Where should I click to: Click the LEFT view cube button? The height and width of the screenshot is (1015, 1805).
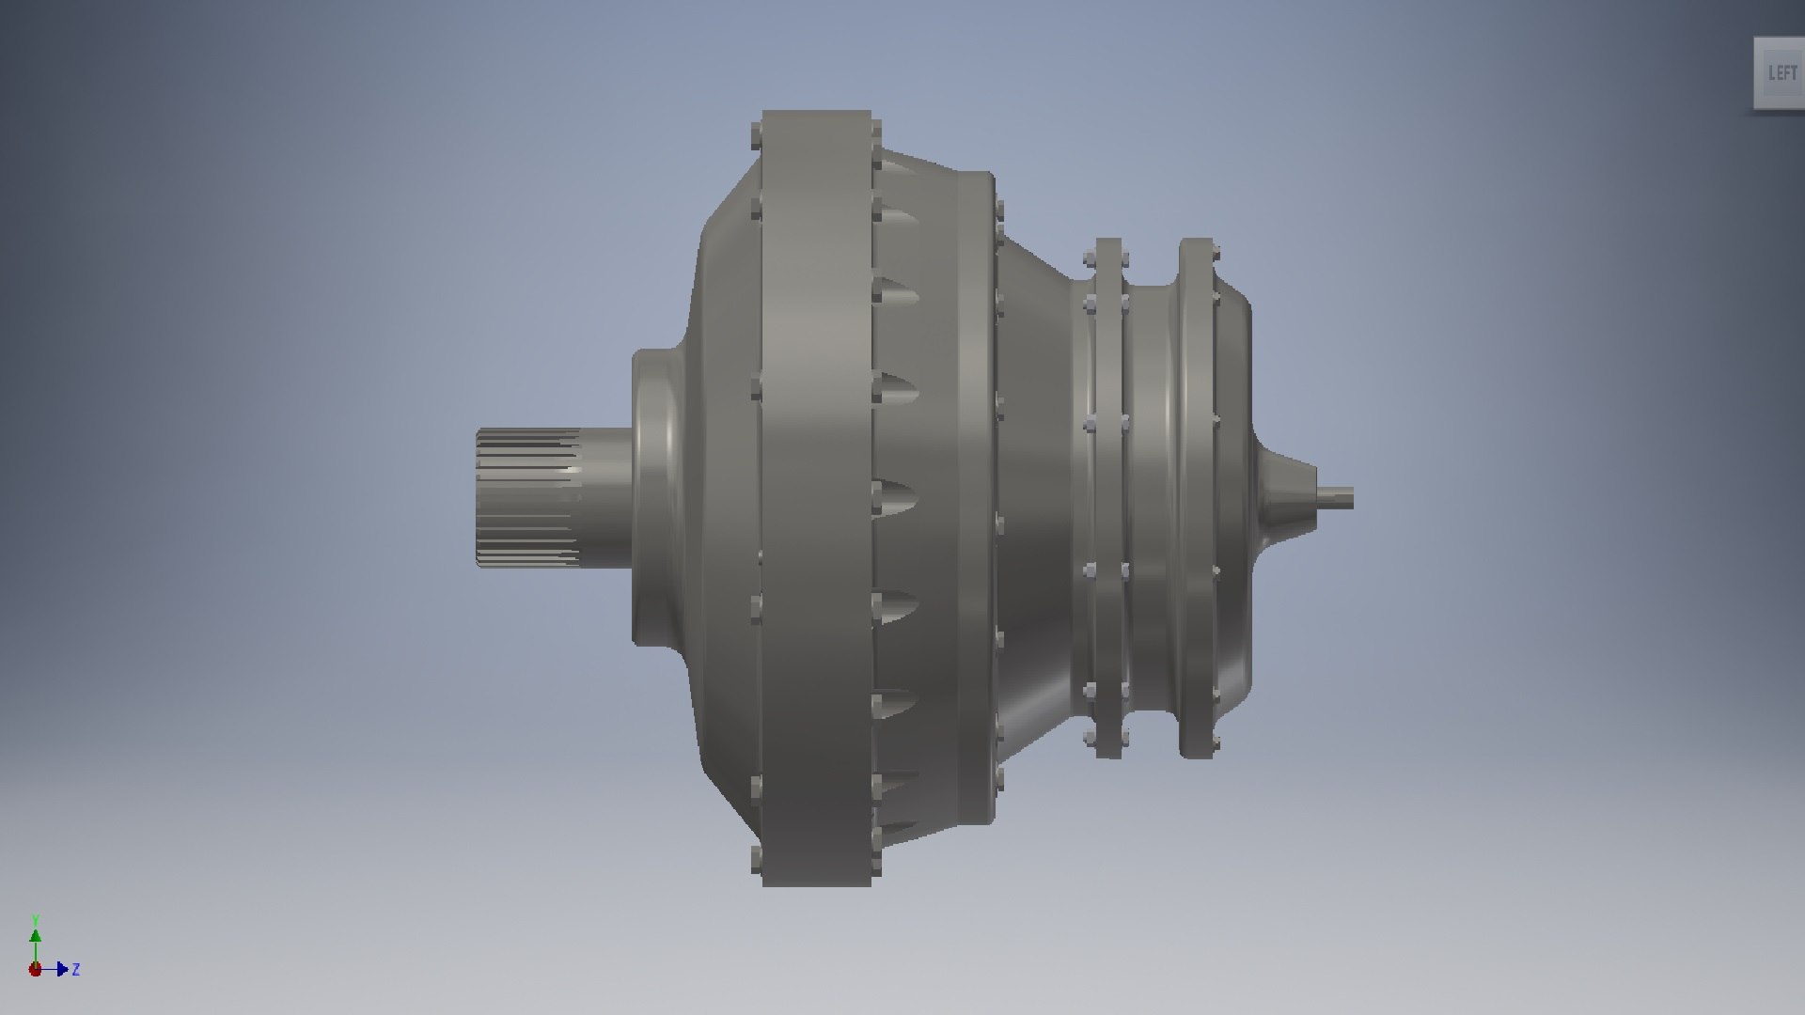(1781, 72)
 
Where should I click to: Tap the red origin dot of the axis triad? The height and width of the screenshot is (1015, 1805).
(35, 969)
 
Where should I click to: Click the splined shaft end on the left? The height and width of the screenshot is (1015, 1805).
(526, 497)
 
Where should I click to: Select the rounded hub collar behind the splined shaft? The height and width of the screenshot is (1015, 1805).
(658, 497)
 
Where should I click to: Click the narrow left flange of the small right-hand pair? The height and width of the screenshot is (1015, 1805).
(1108, 497)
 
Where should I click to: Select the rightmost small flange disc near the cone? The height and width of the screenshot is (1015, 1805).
(1196, 497)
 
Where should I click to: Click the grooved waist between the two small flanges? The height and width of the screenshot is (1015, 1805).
(1152, 497)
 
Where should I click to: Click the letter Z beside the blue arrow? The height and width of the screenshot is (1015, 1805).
(75, 969)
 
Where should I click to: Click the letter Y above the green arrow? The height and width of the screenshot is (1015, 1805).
(36, 920)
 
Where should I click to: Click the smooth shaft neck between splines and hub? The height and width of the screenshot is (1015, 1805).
(606, 497)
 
